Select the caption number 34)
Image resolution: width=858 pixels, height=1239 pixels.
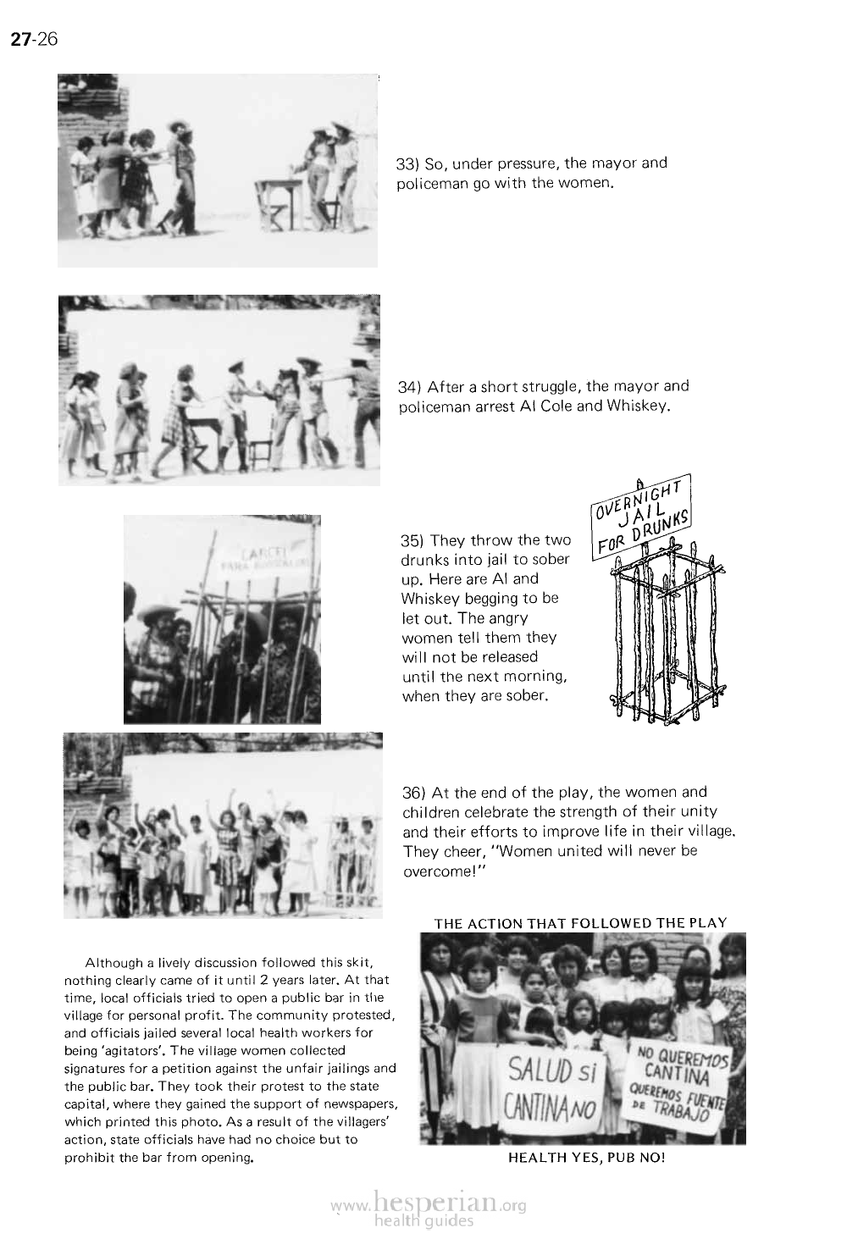pyautogui.click(x=410, y=387)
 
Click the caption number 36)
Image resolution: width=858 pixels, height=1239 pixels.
pyautogui.click(x=412, y=793)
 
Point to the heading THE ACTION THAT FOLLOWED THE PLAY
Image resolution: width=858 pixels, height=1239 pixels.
pyautogui.click(x=580, y=922)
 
